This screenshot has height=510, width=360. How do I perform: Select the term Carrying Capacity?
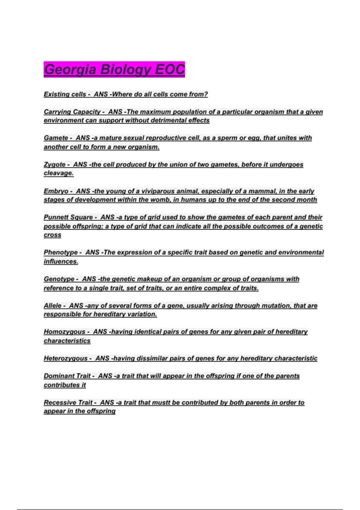[x=72, y=112]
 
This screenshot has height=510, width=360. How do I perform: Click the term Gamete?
[x=56, y=138]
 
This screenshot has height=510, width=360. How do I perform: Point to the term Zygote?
[x=55, y=165]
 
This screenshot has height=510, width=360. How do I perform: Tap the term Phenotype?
[x=61, y=253]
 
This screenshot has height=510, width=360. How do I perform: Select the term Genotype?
[x=59, y=279]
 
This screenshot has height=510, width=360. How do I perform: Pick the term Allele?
[x=52, y=306]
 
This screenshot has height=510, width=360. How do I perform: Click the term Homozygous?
[x=64, y=332]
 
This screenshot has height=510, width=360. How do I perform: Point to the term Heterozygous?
[x=66, y=358]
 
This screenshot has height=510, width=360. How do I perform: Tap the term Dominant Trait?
[x=67, y=376]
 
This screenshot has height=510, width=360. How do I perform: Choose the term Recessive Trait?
[x=68, y=403]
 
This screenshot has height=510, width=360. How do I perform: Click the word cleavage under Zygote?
[x=58, y=173]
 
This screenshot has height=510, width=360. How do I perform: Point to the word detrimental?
[x=168, y=121]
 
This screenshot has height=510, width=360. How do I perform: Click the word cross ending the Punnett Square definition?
[x=52, y=235]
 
